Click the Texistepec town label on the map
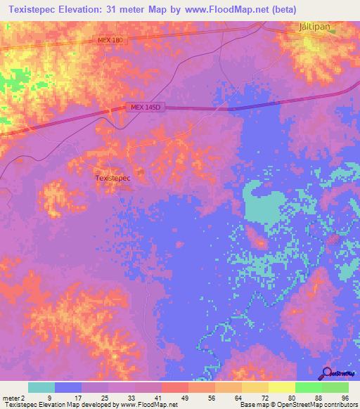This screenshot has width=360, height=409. tap(112, 178)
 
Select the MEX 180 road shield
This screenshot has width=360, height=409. tap(110, 41)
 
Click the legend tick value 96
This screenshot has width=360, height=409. tap(344, 397)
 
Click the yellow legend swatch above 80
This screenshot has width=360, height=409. tap(281, 387)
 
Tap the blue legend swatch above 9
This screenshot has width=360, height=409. tap(68, 387)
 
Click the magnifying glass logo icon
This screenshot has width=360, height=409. tap(326, 373)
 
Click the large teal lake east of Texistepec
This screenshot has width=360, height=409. tap(264, 204)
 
